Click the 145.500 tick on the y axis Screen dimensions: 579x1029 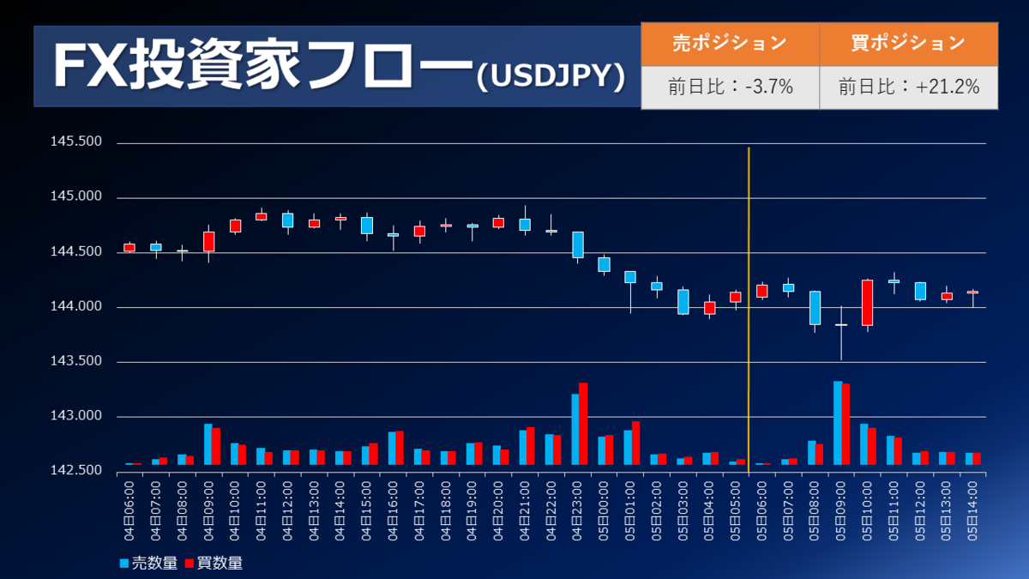[77, 142]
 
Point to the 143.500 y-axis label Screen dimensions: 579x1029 [77, 362]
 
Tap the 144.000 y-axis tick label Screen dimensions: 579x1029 [77, 307]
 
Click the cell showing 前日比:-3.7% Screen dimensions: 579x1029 [730, 87]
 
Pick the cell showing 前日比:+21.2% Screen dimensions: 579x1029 [908, 87]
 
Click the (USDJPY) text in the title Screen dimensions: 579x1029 [550, 75]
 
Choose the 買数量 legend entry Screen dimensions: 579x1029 [214, 564]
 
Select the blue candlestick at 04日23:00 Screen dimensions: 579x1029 [578, 244]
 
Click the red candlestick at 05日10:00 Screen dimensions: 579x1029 [867, 302]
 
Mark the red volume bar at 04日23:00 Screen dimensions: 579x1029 [583, 424]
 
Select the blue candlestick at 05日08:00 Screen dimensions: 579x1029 [815, 308]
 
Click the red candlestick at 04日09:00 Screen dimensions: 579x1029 [208, 241]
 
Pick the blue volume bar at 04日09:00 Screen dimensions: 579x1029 [208, 444]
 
